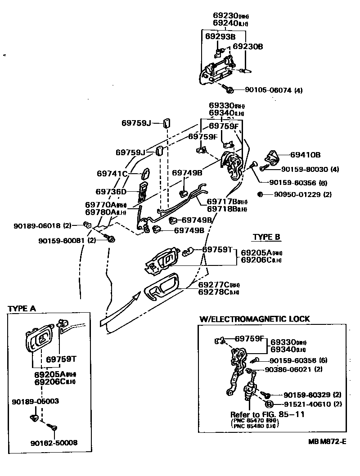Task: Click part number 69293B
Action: pyautogui.click(x=220, y=36)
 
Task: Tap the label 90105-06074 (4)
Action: pyautogui.click(x=274, y=90)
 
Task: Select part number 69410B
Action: pyautogui.click(x=305, y=155)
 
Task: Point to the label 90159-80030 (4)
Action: pyautogui.click(x=310, y=170)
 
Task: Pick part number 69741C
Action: pyautogui.click(x=112, y=174)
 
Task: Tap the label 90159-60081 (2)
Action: pyautogui.click(x=68, y=240)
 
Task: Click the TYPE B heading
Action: pyautogui.click(x=266, y=237)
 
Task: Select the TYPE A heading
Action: pyautogui.click(x=22, y=309)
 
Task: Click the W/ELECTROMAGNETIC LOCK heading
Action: pyautogui.click(x=254, y=319)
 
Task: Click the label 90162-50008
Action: pyautogui.click(x=54, y=443)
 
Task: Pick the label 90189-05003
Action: pyautogui.click(x=36, y=401)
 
